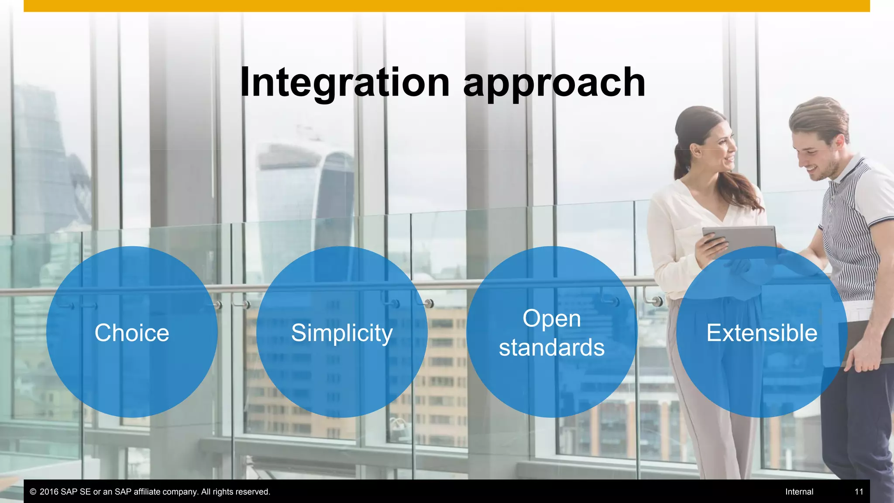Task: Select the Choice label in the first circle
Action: pyautogui.click(x=132, y=333)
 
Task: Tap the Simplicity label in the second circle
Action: pyautogui.click(x=342, y=333)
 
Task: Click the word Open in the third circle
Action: pyautogui.click(x=552, y=318)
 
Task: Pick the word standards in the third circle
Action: pyautogui.click(x=552, y=348)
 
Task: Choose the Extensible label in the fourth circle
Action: pyautogui.click(x=762, y=333)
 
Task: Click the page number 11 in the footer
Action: pyautogui.click(x=859, y=492)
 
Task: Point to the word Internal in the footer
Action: pyautogui.click(x=799, y=492)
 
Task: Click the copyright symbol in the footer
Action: pyautogui.click(x=33, y=492)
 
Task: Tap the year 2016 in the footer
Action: pyautogui.click(x=49, y=492)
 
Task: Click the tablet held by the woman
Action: pyautogui.click(x=742, y=238)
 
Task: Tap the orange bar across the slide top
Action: pyautogui.click(x=447, y=6)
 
